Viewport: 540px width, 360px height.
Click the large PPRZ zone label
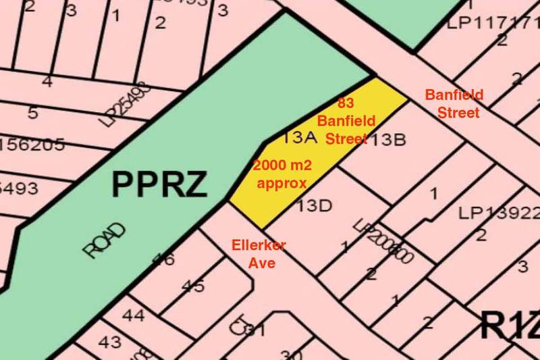(159, 184)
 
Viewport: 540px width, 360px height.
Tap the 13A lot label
(300, 138)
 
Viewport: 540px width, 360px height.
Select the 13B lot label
(387, 140)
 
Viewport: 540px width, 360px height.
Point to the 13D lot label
(315, 205)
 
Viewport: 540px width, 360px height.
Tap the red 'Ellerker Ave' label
(259, 254)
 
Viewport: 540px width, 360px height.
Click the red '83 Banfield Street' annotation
(346, 122)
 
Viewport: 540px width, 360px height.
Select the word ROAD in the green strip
(105, 240)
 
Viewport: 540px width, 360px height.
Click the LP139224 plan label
(500, 213)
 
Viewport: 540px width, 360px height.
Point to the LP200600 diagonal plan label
(383, 243)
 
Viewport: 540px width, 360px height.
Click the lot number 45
(192, 286)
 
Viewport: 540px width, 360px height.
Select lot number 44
(133, 315)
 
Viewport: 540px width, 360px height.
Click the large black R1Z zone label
(510, 326)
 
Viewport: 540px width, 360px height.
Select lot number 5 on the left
(32, 112)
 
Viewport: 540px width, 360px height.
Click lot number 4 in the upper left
(47, 82)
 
